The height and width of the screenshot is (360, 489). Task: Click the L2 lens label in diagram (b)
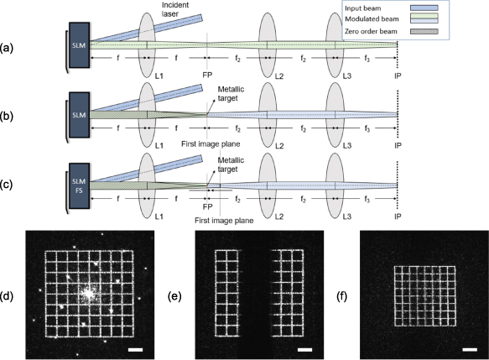tap(272, 144)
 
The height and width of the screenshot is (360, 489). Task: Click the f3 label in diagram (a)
tap(366, 61)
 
